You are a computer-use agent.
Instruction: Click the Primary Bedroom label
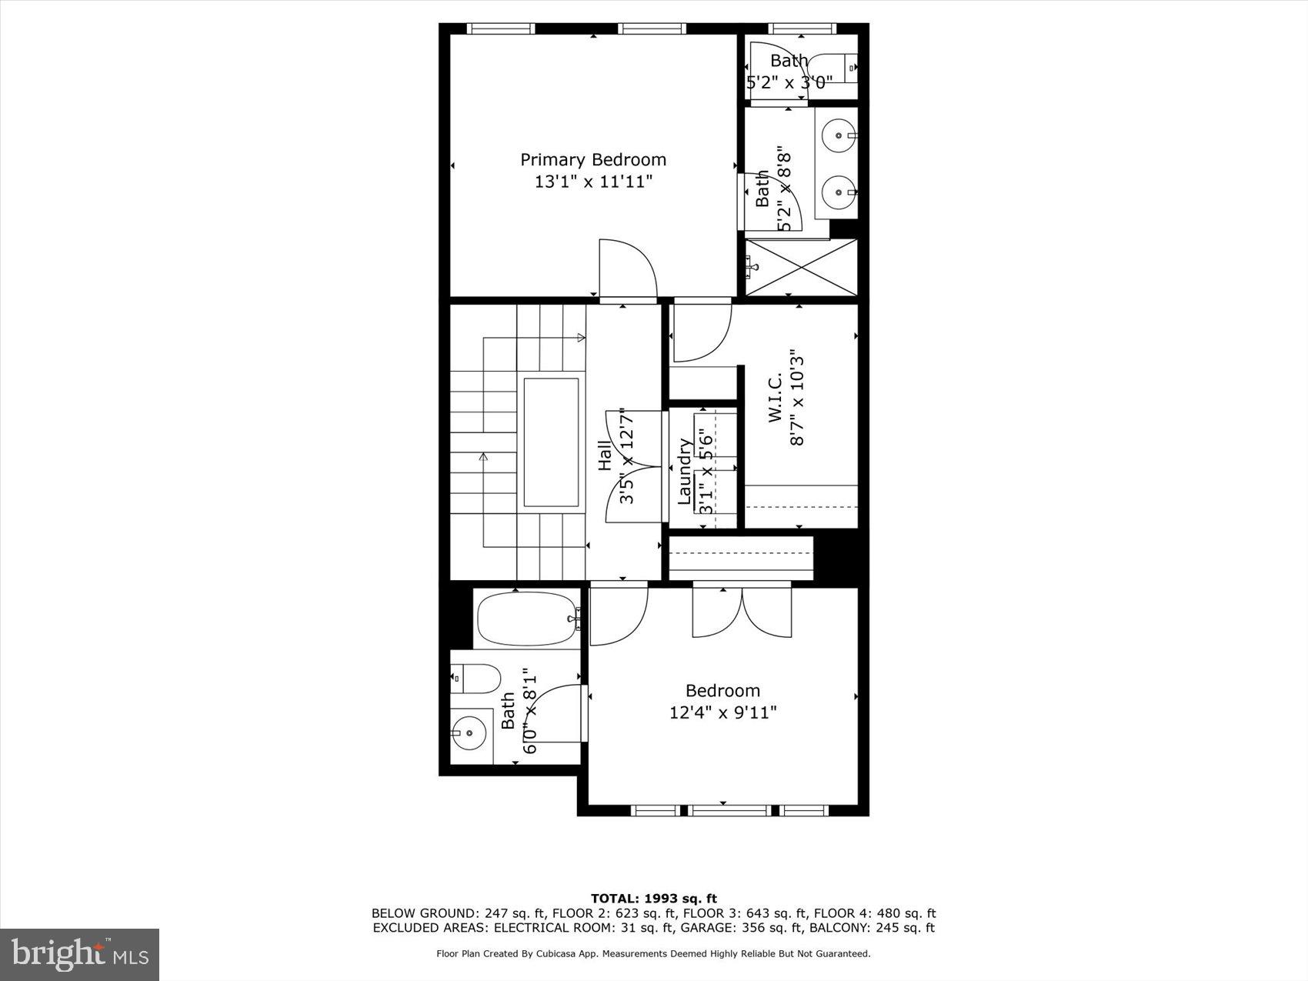(592, 159)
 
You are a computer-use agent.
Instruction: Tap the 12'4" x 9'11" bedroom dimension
(722, 712)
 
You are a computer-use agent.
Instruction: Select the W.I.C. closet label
(775, 397)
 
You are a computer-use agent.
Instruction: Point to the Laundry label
(684, 472)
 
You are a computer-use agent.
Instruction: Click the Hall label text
(606, 456)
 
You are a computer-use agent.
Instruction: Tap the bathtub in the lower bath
(528, 618)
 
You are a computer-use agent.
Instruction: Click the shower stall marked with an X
(801, 267)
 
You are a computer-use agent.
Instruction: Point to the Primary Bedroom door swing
(627, 269)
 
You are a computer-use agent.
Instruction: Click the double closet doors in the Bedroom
(742, 610)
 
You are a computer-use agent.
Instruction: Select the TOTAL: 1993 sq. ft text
(653, 898)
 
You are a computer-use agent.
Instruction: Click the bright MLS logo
(80, 954)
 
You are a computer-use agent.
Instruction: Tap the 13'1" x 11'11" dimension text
(593, 182)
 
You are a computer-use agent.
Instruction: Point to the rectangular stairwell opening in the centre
(551, 442)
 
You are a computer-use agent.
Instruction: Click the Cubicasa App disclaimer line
(653, 953)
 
